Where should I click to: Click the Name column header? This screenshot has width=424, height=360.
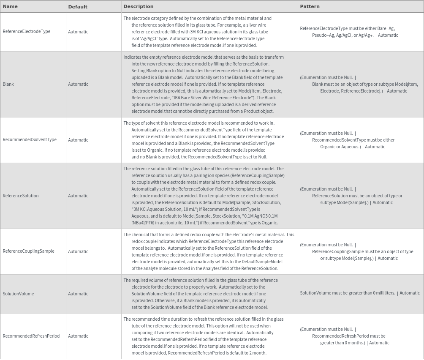tap(10, 6)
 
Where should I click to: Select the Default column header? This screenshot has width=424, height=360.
tap(78, 7)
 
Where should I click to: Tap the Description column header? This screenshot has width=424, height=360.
tap(138, 6)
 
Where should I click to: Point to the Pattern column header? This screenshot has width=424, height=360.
tap(310, 6)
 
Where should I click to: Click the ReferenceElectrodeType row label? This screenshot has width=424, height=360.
tap(26, 32)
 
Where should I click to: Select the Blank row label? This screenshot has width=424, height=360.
tap(8, 84)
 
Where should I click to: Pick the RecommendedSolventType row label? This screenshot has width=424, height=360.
tap(30, 140)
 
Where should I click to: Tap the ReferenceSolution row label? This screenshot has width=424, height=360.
tap(20, 196)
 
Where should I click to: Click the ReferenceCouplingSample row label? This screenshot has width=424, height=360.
tap(28, 251)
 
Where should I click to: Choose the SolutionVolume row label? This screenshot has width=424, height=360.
tap(18, 294)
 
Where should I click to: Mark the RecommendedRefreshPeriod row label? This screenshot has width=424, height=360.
tap(31, 336)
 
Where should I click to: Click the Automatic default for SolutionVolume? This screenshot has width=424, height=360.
tap(78, 294)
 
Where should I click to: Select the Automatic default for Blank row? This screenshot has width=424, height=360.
tap(78, 84)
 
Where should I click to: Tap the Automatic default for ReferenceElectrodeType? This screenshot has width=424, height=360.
tap(78, 32)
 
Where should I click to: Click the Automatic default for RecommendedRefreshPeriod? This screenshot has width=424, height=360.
tap(78, 336)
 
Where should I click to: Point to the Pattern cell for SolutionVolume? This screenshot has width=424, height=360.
tap(360, 293)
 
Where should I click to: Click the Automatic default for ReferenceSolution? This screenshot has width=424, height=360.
tap(78, 196)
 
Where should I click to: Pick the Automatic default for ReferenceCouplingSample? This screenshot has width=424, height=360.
tap(78, 251)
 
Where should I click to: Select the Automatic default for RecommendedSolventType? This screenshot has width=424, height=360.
tap(78, 140)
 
